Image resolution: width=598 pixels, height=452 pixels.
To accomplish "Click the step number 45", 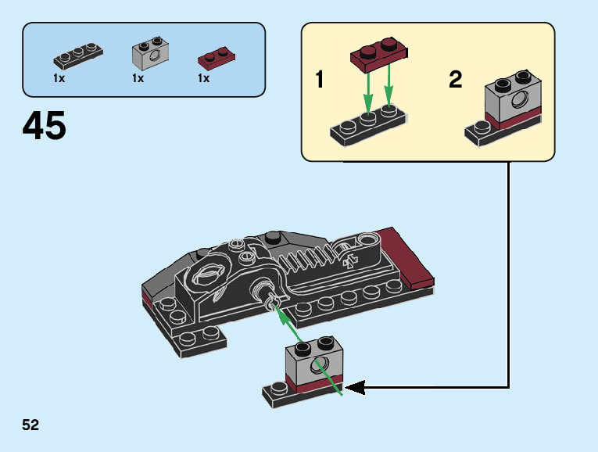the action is pos(45,125).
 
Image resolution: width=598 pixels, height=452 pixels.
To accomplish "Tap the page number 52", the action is pos(30,425).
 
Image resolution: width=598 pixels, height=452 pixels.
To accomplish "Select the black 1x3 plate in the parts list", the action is pos(78,56).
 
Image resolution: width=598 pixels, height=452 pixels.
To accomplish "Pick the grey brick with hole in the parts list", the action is pos(151,53).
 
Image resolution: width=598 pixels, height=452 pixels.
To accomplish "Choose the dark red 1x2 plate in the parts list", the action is pos(217,59).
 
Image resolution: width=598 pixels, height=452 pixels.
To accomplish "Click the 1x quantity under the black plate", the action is pos(59,78).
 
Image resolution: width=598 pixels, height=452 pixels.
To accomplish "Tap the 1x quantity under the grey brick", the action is pos(138,78).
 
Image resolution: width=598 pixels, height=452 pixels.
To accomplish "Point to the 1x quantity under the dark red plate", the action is pos(204,78).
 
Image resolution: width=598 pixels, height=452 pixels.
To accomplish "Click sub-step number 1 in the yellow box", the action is pos(319,79).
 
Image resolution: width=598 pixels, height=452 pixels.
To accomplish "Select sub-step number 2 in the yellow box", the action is pos(456,79).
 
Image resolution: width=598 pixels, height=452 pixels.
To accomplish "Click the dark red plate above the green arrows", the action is pos(379,55).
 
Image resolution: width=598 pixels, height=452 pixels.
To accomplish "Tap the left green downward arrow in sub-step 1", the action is pos(367,93).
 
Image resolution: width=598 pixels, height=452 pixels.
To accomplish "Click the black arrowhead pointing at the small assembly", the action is pos(355,388).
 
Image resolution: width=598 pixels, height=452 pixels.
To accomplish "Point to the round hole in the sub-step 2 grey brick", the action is pos(519,100).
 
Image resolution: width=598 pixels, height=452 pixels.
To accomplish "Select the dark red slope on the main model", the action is pos(406,258).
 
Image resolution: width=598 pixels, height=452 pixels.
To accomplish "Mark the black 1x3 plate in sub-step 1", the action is pos(368,125).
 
